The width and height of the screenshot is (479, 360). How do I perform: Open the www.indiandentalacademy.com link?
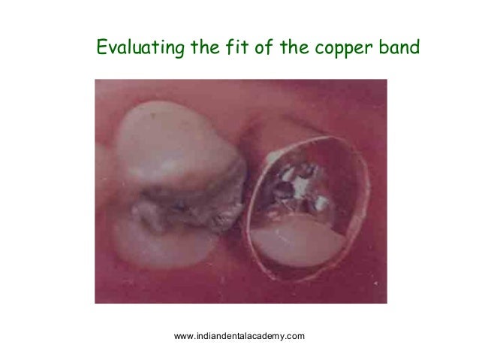239,335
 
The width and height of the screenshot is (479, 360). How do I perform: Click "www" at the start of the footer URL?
183,335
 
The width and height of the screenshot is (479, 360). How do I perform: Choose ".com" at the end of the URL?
295,335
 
